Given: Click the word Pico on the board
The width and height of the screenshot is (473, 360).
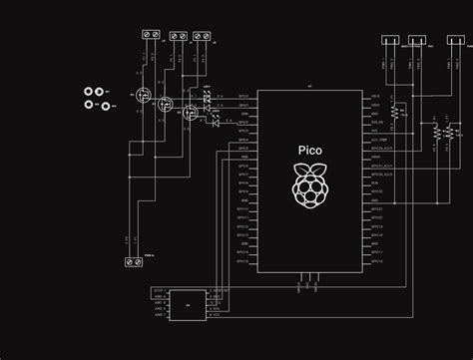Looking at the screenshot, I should click(310, 151).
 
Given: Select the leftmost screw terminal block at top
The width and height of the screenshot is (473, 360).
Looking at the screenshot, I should click(153, 35).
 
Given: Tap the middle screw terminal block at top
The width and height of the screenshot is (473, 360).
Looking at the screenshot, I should click(178, 36).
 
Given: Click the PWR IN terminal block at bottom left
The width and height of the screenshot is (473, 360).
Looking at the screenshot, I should click(132, 262).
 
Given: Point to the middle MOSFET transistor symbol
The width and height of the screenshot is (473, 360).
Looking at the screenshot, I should click(166, 105).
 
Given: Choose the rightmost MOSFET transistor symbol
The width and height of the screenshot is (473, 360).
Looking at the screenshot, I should click(188, 114).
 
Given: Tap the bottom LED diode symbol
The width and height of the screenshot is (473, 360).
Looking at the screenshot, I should click(214, 124).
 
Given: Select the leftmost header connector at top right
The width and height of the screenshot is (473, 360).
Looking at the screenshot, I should click(389, 42).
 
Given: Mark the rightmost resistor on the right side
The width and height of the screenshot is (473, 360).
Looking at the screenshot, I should click(449, 132).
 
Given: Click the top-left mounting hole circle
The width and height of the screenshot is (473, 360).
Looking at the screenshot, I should click(90, 93).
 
